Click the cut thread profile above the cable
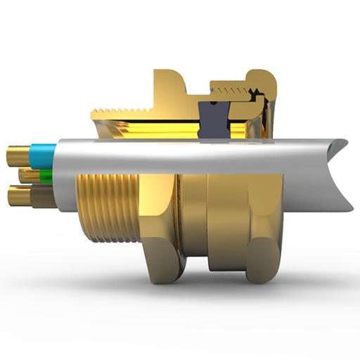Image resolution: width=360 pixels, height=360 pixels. pyautogui.click(x=120, y=111)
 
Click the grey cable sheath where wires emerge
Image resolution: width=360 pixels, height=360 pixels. pyautogui.click(x=67, y=169)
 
